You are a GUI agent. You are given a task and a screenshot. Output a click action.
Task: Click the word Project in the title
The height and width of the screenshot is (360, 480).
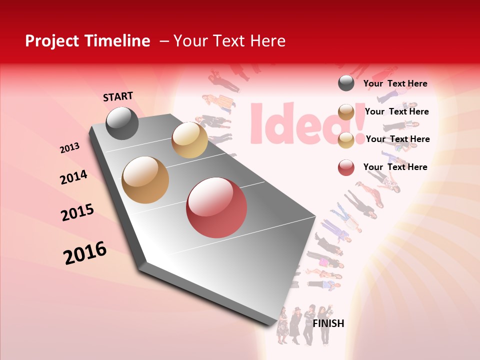[50, 41]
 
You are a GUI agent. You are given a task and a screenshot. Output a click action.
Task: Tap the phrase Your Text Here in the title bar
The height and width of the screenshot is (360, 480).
[229, 41]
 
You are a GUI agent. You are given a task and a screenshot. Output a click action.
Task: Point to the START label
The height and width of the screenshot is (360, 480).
[118, 96]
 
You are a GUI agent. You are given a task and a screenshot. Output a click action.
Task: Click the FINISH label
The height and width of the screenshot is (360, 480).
[328, 323]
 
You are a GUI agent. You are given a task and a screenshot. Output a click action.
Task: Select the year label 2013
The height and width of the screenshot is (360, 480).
[69, 147]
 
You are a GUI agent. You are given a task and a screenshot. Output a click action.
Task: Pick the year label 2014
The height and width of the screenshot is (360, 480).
[73, 177]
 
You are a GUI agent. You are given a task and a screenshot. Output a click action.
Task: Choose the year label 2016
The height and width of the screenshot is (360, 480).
[85, 253]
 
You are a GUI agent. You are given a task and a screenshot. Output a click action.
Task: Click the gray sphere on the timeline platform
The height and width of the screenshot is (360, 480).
[122, 123]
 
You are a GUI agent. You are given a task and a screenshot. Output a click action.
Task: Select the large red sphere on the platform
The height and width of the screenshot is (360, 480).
[216, 207]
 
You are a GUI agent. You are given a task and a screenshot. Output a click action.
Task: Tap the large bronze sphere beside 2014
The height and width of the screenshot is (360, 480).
[145, 179]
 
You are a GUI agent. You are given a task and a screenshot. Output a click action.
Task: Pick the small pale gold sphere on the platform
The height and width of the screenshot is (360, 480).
[189, 139]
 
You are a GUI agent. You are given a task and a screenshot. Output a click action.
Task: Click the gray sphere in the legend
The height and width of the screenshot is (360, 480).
[346, 83]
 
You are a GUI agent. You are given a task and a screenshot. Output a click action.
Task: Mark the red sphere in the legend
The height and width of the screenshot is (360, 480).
[346, 167]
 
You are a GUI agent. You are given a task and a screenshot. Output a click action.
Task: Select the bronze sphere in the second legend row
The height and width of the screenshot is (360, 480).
[346, 112]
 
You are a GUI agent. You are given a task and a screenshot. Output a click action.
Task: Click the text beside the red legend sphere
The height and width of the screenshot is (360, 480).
[395, 167]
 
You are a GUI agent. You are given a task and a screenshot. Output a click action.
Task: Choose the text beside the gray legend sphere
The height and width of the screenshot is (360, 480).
[395, 83]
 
